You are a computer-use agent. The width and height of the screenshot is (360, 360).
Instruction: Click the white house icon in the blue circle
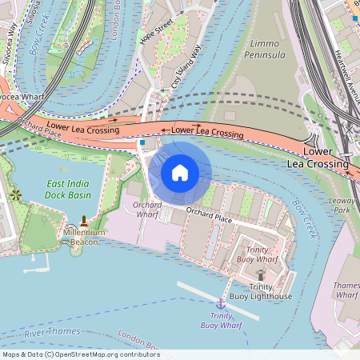180,173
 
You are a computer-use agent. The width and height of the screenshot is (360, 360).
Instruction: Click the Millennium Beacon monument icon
84,220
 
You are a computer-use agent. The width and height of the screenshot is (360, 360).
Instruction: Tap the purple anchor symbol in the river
220,304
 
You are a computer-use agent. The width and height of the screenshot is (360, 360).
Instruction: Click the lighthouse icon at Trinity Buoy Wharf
260,274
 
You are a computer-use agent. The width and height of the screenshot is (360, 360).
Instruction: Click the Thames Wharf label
347,290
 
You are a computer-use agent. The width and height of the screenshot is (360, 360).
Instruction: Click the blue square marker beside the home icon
142,142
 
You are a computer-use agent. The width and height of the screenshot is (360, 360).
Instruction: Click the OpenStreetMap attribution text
81,354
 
